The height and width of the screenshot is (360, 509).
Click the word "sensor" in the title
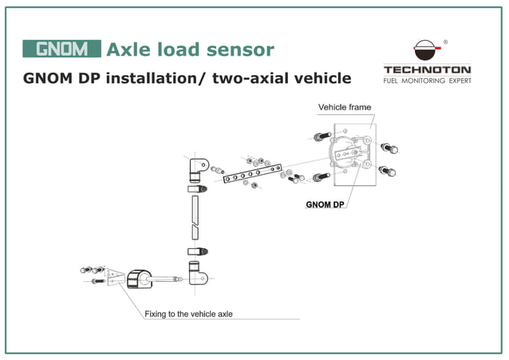237,49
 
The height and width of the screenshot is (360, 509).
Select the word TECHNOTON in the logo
427,69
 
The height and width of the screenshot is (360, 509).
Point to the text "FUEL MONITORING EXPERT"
427,81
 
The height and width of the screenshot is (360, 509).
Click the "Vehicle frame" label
345,107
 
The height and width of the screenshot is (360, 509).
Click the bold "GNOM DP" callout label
326,204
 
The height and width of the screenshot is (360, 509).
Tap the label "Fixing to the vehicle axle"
188,315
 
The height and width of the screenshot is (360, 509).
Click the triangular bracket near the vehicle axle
112,278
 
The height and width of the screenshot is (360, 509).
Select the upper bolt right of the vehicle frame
389,148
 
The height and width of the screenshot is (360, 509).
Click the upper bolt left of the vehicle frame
322,135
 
